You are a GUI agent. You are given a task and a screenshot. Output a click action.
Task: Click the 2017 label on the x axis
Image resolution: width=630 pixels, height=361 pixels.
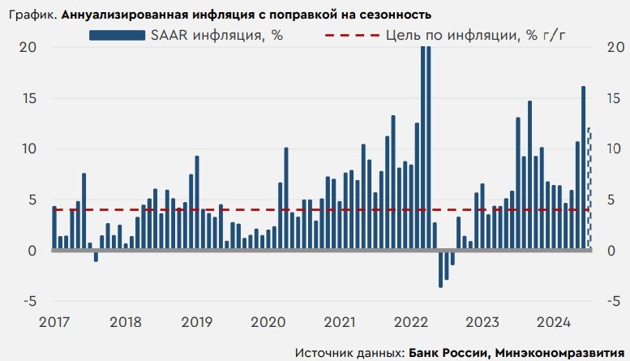coord(54,321)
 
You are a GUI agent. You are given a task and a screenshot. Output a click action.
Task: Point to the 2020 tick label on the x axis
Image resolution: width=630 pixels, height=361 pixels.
coord(269,321)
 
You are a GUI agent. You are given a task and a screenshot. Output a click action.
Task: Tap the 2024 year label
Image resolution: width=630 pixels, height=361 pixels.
coord(556,321)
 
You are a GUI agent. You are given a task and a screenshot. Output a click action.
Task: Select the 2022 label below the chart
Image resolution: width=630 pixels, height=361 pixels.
coord(413,321)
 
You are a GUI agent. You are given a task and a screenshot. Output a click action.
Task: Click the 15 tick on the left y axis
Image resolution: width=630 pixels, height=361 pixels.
coord(28,98)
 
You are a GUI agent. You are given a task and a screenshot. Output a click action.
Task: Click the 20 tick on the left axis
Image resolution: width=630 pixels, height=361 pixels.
coord(28,47)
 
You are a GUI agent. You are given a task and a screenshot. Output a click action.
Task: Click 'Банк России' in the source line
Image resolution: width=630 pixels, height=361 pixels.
coord(445,353)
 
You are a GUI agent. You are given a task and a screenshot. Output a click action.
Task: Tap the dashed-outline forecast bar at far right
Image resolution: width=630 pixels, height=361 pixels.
coord(589,188)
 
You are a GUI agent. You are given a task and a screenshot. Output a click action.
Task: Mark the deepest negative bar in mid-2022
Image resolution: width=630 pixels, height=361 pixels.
coord(440,269)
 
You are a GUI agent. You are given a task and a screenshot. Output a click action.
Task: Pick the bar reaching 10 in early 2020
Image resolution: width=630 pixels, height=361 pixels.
coord(286,199)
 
